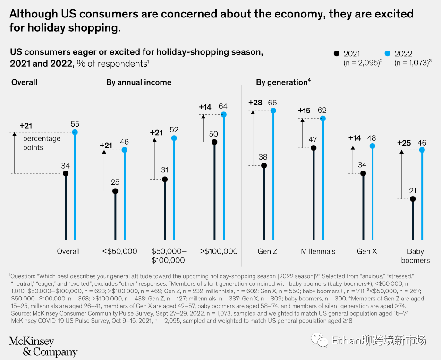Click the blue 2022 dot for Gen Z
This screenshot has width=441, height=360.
point(273,111)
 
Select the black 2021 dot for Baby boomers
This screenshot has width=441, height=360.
point(412,199)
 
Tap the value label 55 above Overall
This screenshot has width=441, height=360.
point(75,124)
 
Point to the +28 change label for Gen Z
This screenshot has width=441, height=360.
point(255,103)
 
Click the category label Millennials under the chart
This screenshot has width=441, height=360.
point(318,251)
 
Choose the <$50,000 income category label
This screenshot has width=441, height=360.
point(120,251)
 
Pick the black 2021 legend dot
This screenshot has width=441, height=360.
point(337,53)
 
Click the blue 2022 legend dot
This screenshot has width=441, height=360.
point(388,53)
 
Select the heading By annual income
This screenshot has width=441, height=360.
point(139,82)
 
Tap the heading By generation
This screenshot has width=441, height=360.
point(281,82)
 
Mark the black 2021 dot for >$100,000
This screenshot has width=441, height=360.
point(214,142)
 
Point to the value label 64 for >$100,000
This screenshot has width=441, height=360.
point(223,106)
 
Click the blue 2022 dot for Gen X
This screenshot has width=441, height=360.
point(373,146)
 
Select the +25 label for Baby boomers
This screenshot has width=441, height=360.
point(404,143)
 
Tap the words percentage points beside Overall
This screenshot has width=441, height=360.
point(42,143)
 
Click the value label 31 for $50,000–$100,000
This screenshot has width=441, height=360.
point(164,170)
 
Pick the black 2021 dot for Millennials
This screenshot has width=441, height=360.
point(313,148)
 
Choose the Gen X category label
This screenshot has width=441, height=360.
point(367,251)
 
